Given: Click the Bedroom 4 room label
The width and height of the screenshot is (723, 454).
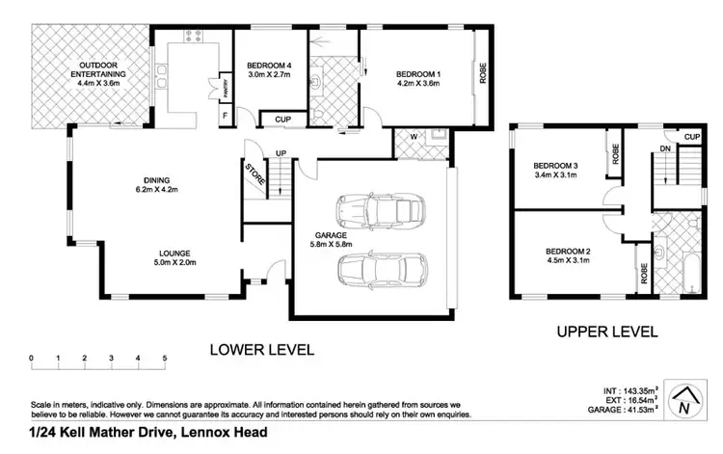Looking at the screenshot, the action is tap(269, 69).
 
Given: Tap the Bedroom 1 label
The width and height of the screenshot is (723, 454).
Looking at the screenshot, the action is tap(418, 78).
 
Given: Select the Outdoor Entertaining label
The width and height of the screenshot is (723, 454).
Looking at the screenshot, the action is tap(98, 74).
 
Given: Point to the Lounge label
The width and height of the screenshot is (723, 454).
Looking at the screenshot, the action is tap(174, 257).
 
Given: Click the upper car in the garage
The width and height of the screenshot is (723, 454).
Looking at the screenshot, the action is tap(381, 211).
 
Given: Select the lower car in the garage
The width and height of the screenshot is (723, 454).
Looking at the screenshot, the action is tap(383, 271).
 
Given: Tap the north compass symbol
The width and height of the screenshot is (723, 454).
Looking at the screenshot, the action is tap(685, 400).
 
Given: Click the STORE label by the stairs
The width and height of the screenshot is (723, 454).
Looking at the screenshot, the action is tap(255, 174).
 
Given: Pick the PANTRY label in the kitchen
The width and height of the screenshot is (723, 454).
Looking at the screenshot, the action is tap(226, 86).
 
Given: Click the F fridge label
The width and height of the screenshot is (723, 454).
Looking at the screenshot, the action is tap(225, 116).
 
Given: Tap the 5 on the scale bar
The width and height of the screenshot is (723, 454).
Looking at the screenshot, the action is tap(165, 358).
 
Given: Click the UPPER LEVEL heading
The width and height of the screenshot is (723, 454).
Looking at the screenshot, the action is tap(607, 332).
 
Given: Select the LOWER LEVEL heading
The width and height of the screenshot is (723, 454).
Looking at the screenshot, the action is tap(262, 349).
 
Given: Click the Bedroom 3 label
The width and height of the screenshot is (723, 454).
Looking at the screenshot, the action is tap(555, 170).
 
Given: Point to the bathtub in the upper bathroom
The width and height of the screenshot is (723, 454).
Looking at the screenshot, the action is tap(691, 274).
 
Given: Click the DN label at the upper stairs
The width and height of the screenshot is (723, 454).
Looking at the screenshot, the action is tap(665, 148).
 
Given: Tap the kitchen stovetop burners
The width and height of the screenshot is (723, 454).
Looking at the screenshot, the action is tap(193, 36).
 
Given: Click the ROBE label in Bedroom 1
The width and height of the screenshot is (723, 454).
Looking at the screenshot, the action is tap(483, 73).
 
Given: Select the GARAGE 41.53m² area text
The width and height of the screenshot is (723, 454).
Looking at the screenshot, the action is tap(623, 410).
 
